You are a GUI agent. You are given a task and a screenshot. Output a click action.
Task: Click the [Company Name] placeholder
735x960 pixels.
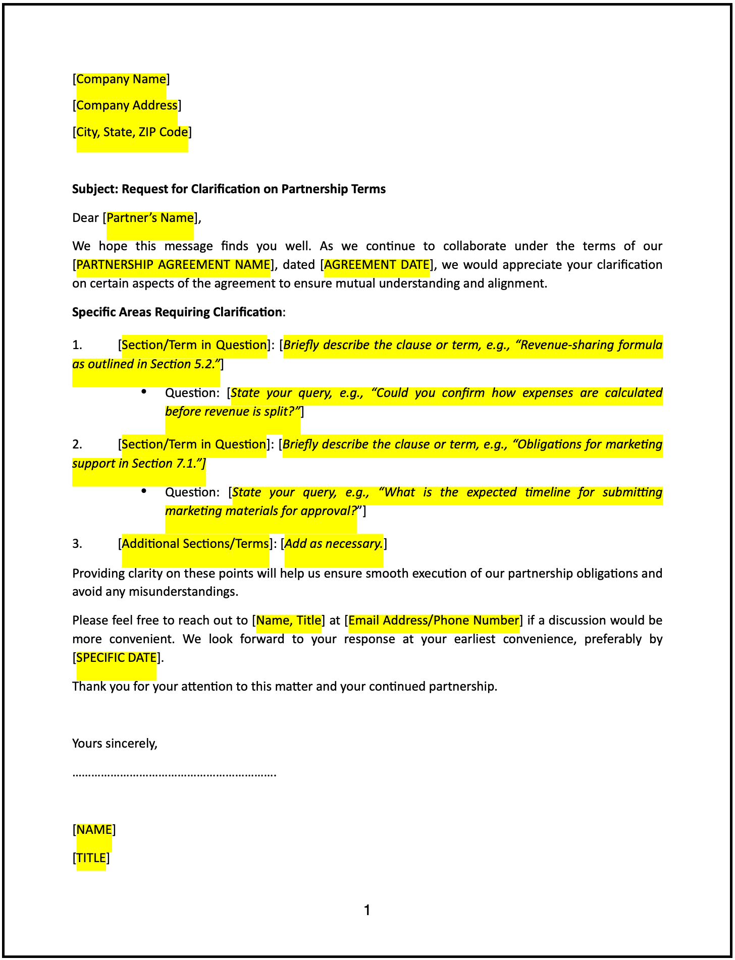click(121, 79)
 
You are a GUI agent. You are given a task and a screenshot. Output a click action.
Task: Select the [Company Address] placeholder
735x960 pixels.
click(127, 105)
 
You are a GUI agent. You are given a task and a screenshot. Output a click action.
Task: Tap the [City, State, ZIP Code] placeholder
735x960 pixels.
click(132, 132)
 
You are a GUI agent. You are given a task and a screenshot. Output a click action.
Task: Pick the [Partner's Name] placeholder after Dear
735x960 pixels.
click(150, 218)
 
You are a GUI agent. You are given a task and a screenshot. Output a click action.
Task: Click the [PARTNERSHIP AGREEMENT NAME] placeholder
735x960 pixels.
click(173, 265)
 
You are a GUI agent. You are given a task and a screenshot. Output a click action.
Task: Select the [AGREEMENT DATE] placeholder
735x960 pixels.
click(377, 265)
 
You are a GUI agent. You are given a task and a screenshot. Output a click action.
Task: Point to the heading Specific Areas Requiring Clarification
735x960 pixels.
click(177, 312)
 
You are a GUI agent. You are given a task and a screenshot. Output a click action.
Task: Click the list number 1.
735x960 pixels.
click(77, 345)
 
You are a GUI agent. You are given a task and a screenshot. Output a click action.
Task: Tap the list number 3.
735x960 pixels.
click(77, 544)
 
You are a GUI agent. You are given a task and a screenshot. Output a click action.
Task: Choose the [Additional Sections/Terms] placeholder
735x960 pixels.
click(195, 544)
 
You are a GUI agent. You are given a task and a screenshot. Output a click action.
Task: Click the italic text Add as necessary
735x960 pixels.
click(334, 544)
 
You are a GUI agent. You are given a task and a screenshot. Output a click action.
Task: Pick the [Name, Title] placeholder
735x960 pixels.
click(289, 620)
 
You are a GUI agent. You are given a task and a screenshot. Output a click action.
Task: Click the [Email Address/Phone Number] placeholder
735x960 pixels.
click(434, 620)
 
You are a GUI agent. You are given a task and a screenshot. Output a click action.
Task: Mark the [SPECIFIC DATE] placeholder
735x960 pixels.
click(116, 658)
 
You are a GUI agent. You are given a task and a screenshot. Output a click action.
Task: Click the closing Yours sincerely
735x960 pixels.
click(115, 744)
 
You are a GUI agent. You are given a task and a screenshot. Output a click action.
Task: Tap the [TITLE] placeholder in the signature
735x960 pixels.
click(91, 858)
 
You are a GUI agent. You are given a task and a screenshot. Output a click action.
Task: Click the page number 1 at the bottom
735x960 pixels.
click(367, 911)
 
